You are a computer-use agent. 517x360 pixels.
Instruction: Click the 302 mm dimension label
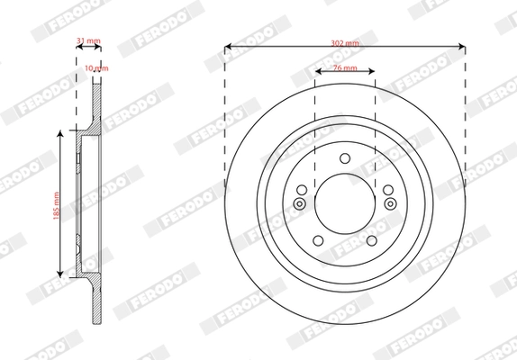345,41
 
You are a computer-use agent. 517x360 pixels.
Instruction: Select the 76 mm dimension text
345,68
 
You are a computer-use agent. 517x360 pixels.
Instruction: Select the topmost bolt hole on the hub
345,159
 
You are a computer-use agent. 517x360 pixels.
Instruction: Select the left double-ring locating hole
301,202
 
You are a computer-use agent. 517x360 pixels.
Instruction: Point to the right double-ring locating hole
389,202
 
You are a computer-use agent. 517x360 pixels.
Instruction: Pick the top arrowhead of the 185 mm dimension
61,133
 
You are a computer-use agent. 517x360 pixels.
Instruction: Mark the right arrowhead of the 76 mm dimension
371,74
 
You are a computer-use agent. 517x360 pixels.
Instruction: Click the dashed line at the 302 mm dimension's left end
224,108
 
